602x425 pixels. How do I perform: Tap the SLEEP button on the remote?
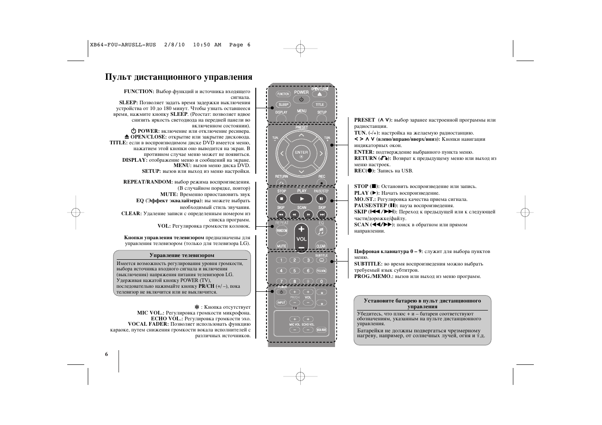point(283,105)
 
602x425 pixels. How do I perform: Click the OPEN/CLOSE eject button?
point(319,94)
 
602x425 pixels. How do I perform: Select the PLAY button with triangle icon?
point(301,199)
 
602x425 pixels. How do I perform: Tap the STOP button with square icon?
point(281,199)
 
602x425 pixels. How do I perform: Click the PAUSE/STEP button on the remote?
point(321,199)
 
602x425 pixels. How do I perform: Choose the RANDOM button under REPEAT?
point(282,230)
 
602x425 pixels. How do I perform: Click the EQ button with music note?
point(321,230)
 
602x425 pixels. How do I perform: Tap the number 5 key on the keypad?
point(294,270)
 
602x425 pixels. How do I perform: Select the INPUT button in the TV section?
point(281,302)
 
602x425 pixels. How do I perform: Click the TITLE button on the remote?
point(319,105)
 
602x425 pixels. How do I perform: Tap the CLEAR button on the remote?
point(321,245)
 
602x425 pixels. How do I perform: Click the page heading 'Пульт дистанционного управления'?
point(179,77)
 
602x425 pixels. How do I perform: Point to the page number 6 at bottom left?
point(106,354)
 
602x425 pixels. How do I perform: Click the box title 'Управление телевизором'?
point(182,255)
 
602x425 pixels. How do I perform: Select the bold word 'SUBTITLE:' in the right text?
point(368,264)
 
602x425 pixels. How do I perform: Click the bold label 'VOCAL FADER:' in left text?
point(148,324)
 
